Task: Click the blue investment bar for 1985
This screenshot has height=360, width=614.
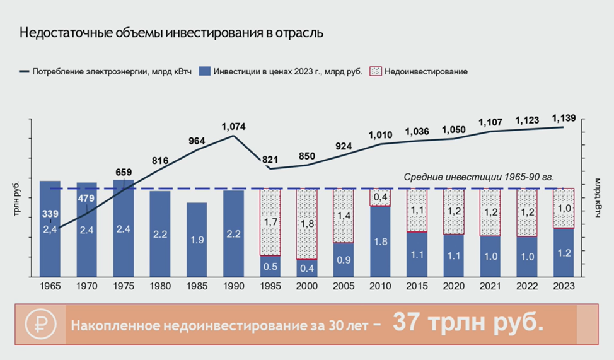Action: [x=197, y=240]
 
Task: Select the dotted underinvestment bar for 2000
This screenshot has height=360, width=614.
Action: [x=307, y=224]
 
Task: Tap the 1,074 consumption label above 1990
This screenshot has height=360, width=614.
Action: [x=233, y=127]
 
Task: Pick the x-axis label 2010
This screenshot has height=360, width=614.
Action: [x=379, y=286]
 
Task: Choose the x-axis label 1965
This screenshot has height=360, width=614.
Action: [x=50, y=286]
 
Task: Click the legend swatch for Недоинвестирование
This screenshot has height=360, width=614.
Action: [x=375, y=71]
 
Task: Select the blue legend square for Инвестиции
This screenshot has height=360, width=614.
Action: [x=204, y=71]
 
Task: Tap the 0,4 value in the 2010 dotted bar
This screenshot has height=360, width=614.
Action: [x=380, y=197]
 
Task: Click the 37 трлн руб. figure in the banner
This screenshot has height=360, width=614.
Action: [x=467, y=323]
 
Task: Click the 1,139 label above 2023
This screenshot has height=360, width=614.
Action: [x=564, y=117]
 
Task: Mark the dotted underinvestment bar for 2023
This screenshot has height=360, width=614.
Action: [x=563, y=208]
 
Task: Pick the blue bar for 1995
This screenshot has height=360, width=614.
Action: [x=270, y=266]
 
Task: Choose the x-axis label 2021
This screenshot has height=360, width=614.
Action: [x=490, y=286]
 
